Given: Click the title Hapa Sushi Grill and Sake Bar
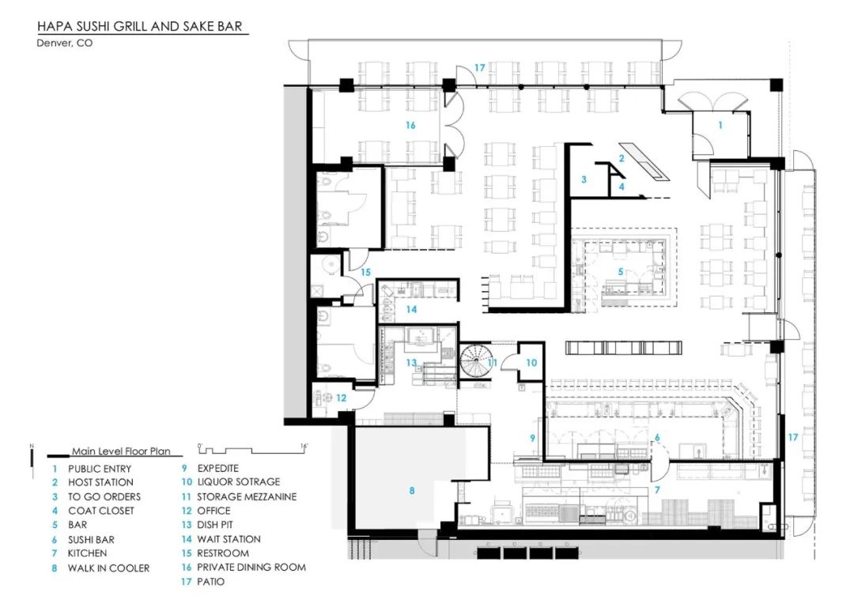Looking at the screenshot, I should click(x=142, y=27).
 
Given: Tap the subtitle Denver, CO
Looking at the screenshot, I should click(x=65, y=43).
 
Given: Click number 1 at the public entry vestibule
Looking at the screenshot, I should click(x=720, y=125).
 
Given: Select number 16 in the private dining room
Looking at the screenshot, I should click(x=410, y=125).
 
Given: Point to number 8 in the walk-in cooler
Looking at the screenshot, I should click(x=411, y=491).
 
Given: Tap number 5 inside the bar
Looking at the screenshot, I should click(x=620, y=271).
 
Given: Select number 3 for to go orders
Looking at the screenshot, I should click(x=584, y=179).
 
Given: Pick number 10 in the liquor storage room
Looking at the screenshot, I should click(x=531, y=363).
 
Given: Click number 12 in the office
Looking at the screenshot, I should click(x=341, y=398).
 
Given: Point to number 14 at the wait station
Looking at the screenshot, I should click(x=411, y=309).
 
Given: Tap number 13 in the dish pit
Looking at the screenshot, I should click(x=411, y=362).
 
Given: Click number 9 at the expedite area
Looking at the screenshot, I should click(x=533, y=437).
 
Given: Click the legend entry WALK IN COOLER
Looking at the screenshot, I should click(x=108, y=568).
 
